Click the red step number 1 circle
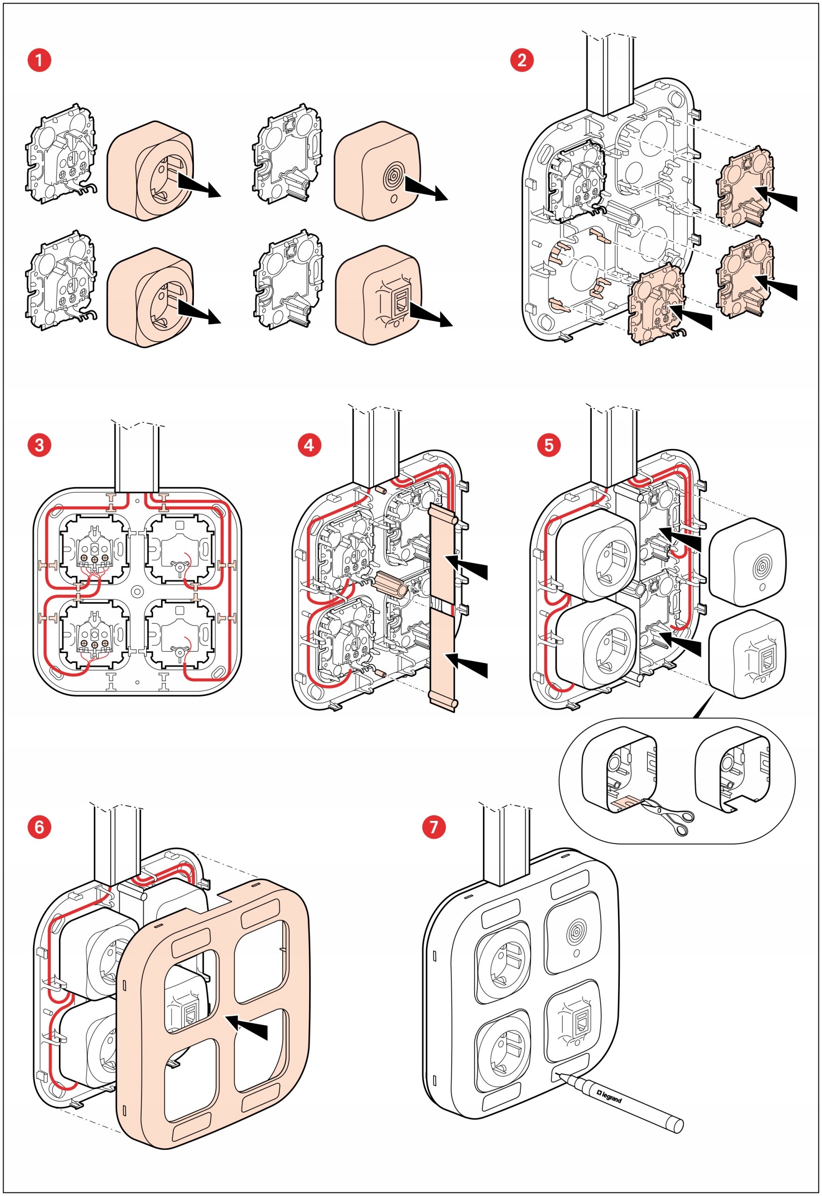[x=39, y=60]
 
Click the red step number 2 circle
[x=522, y=60]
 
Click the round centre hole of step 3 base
[x=137, y=592]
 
